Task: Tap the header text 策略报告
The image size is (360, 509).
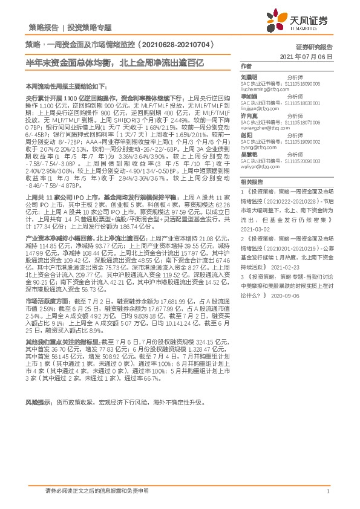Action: [44, 28]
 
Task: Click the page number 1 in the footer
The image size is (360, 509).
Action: [327, 491]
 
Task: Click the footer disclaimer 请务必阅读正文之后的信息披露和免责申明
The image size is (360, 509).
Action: [96, 491]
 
